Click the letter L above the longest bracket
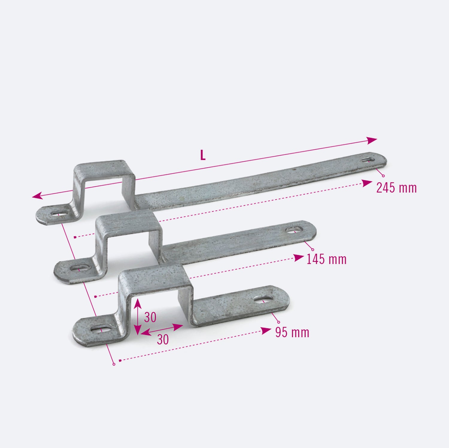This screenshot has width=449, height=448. click(x=203, y=155)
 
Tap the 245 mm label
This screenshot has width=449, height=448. click(x=396, y=188)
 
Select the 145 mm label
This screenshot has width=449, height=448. click(x=326, y=259)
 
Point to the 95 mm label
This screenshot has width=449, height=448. click(x=292, y=332)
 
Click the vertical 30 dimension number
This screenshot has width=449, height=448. click(x=150, y=317)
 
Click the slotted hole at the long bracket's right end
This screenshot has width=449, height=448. click(x=368, y=160)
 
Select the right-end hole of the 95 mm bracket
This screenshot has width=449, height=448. click(x=264, y=299)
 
